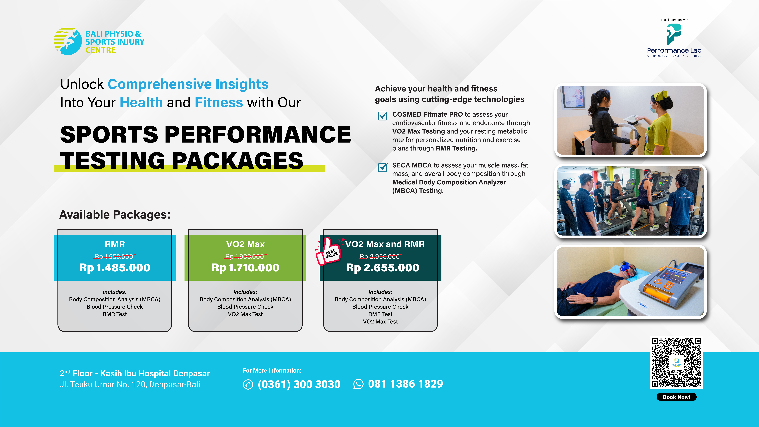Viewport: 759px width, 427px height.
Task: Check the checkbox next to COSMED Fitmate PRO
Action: (382, 116)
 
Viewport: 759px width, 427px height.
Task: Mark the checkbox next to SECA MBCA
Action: (382, 167)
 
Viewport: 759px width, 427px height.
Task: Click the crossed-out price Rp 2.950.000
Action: (380, 256)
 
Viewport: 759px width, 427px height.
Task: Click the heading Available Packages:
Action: (115, 215)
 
